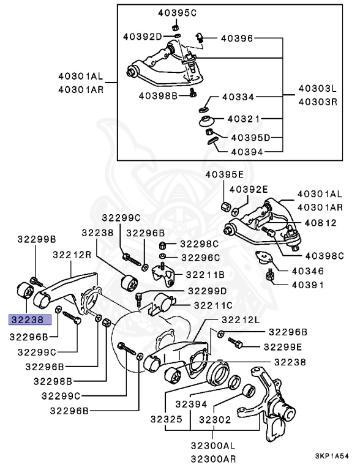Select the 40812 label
(x=316, y=222)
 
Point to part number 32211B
(x=205, y=275)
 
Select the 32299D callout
(x=207, y=290)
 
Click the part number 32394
(x=207, y=404)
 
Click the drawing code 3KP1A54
(x=332, y=457)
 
